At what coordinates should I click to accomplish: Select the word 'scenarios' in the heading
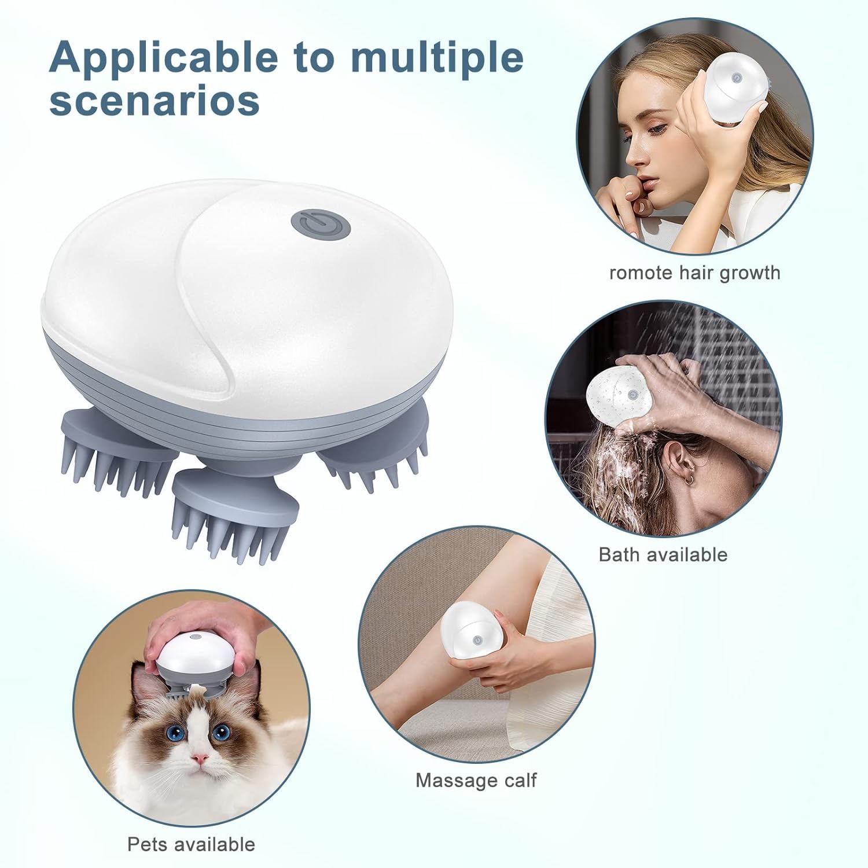[155, 101]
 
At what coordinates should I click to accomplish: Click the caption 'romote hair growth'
[694, 272]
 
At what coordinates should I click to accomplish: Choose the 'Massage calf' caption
[476, 780]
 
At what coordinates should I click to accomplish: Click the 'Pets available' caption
[191, 844]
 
